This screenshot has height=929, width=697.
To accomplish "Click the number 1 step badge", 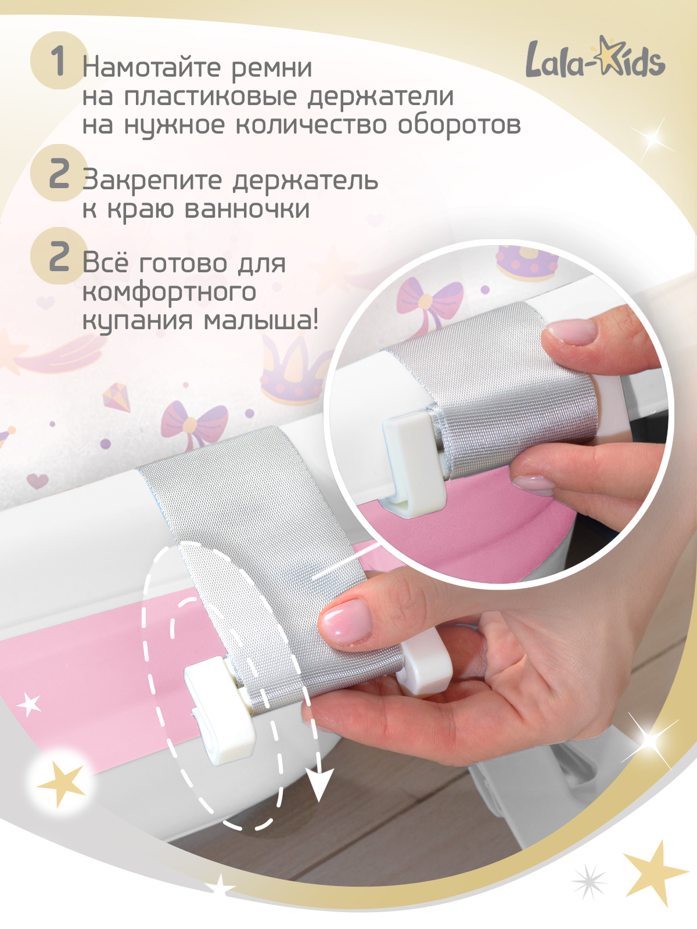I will point(58,60).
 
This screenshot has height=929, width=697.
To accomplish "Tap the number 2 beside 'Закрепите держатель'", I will point(59,174).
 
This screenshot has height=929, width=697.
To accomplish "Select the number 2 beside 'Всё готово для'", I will point(59,257).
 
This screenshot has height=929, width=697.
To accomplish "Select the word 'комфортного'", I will point(169,292).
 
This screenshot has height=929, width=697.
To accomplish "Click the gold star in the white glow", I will point(62,782).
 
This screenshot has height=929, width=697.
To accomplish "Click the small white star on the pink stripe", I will point(30,704).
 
